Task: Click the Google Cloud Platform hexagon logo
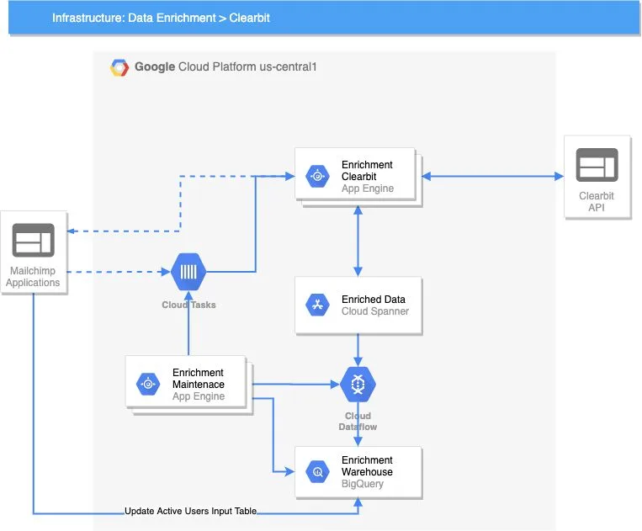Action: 119,67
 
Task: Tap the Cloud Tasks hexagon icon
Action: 188,272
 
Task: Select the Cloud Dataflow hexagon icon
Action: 358,384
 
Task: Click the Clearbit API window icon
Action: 597,165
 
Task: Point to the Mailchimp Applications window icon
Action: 34,241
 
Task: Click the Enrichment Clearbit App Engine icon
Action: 318,177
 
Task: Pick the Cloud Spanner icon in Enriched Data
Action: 318,305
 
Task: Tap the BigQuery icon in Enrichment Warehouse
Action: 318,472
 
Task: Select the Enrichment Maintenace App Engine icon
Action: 148,384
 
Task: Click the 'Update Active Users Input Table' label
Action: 190,512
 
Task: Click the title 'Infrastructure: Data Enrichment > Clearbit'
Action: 161,18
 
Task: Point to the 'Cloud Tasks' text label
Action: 188,305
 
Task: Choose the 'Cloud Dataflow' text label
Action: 358,422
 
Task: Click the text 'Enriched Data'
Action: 373,300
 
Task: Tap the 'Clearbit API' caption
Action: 597,202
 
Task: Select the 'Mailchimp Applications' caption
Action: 34,277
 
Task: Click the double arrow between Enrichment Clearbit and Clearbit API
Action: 493,177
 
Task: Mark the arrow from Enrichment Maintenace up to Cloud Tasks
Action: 188,324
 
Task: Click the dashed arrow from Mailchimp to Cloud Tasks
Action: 118,272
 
